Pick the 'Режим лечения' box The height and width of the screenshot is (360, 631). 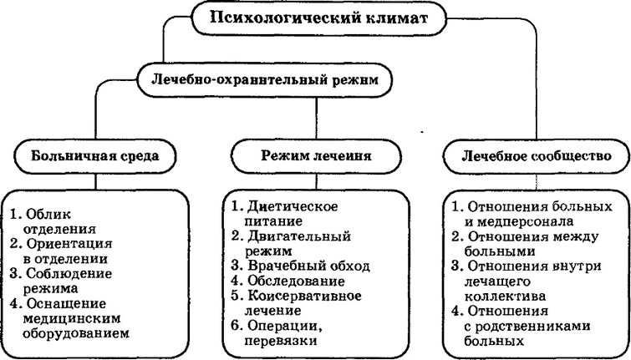tap(315, 155)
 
